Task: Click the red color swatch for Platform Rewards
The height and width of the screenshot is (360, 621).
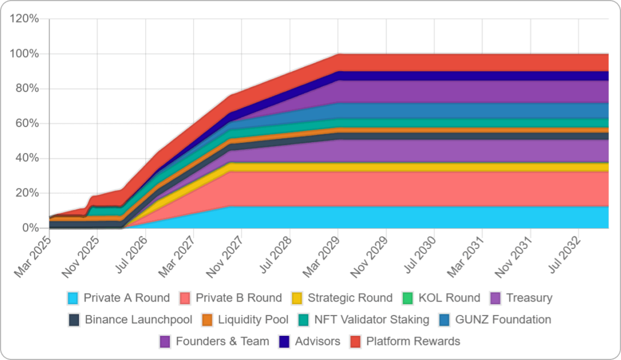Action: click(x=356, y=341)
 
